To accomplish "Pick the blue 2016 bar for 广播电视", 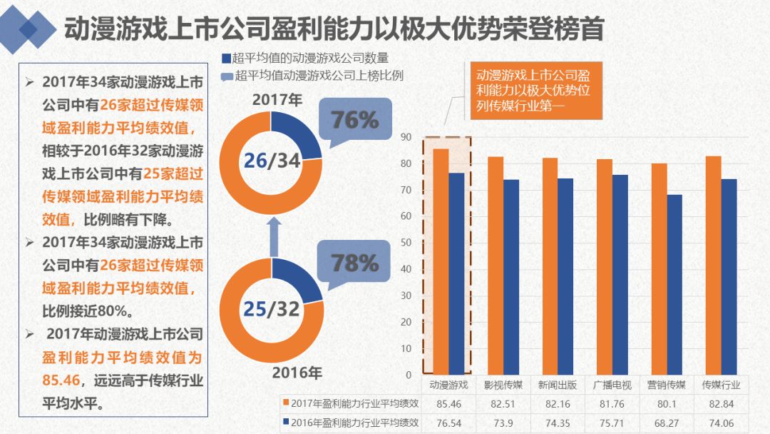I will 620,274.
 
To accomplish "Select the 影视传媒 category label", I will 503,385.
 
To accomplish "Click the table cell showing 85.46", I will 449,404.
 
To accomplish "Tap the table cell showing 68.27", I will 667,423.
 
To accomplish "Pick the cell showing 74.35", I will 558,423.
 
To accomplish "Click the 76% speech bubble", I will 354,121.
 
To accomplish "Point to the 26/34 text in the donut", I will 272,161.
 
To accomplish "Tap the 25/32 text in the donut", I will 272,308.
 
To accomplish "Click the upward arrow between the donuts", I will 273,236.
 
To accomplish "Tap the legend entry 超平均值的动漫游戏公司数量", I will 310,58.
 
